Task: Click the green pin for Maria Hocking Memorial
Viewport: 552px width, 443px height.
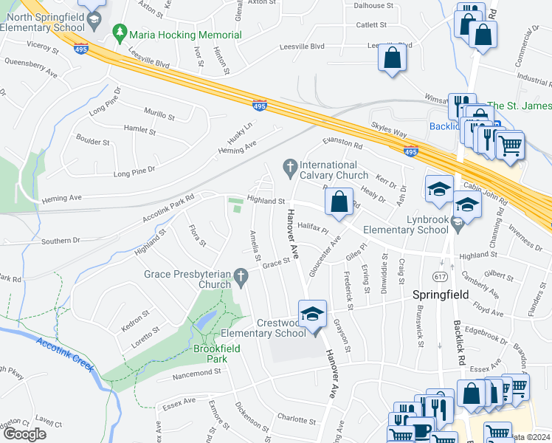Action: tap(119, 34)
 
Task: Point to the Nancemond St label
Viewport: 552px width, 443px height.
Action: tap(196, 373)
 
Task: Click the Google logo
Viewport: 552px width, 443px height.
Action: tap(24, 434)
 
